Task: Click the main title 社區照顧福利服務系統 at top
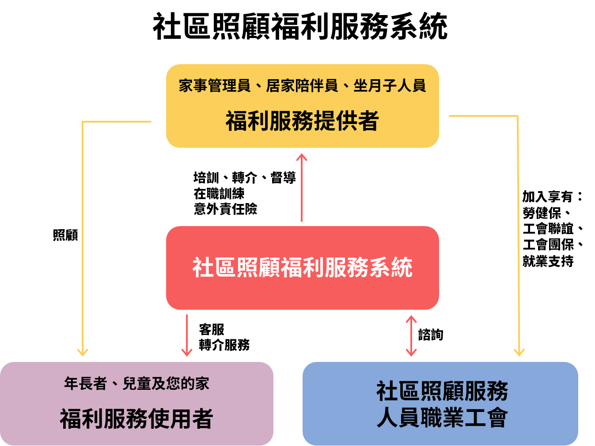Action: point(300,27)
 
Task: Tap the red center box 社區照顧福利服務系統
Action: point(302,267)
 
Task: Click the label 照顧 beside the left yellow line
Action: point(65,235)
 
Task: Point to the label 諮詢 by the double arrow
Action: point(431,335)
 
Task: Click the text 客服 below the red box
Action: point(212,330)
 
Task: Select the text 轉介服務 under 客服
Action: point(224,345)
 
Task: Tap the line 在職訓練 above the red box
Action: point(219,193)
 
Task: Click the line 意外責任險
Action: point(225,209)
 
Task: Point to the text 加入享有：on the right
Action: point(552,196)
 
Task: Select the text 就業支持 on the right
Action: point(548,261)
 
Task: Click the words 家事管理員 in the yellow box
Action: point(215,85)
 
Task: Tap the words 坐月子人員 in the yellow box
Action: point(390,85)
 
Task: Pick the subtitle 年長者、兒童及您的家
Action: point(136,384)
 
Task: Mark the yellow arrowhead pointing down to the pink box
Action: point(83,352)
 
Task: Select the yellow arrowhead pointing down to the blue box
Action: point(519,352)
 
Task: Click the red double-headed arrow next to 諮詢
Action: point(411,335)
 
